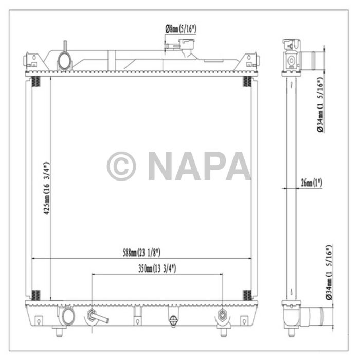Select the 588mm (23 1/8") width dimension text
coord(142,252)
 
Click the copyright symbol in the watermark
coord(121,166)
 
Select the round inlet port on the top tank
coord(65,61)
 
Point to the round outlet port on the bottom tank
coord(65,314)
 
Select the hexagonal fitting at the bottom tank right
coord(222,315)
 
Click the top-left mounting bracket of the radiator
coord(29,60)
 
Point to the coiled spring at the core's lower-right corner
coord(247,295)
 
